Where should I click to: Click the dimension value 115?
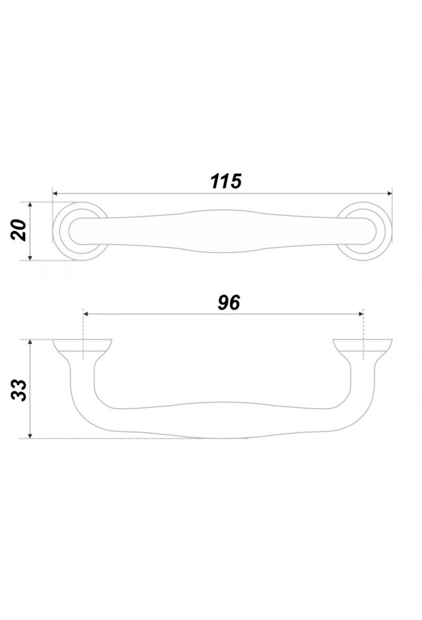(226, 181)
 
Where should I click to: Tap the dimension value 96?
(229, 303)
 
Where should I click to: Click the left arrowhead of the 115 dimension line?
(55, 193)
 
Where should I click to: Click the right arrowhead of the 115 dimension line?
(389, 193)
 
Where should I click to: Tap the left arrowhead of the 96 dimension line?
(85, 314)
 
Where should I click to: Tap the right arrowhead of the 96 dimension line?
(360, 314)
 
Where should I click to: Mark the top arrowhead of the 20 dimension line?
(30, 205)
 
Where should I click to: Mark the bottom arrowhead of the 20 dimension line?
(30, 258)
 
